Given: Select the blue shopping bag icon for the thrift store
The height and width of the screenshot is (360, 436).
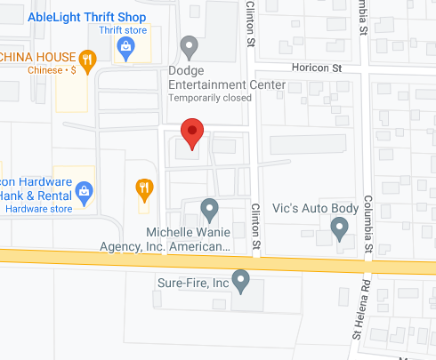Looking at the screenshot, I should [125, 48].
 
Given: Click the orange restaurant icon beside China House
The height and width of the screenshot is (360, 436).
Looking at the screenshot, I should [87, 60].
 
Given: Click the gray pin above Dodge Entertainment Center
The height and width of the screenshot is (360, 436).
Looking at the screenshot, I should [189, 45].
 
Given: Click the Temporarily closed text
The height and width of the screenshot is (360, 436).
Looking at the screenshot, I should [225, 97].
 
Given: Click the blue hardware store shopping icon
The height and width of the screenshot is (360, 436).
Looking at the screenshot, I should [85, 189].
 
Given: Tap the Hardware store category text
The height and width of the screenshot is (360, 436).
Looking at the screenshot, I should [36, 210].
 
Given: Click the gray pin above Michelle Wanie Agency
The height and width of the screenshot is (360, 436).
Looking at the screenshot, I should [209, 210].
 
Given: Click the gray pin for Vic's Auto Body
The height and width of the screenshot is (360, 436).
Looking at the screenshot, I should [338, 229].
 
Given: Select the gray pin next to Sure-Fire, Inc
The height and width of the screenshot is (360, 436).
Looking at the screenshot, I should [241, 282].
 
